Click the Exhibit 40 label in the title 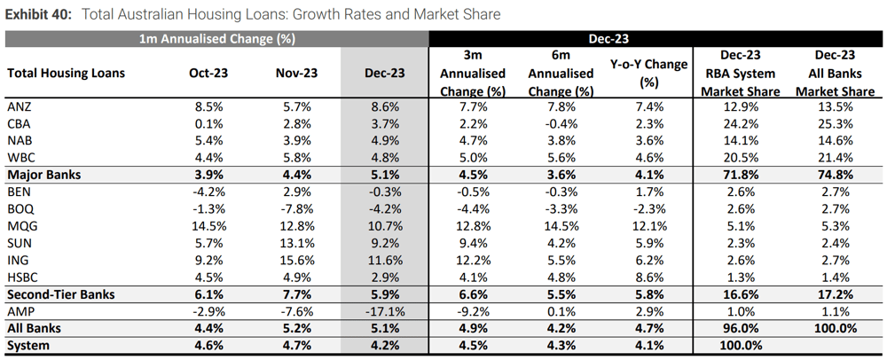click(x=38, y=14)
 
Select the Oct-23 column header click(x=208, y=73)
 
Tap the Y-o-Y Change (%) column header click(x=649, y=73)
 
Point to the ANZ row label click(x=20, y=106)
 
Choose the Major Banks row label click(x=44, y=175)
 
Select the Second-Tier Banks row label click(x=61, y=294)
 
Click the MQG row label click(x=21, y=226)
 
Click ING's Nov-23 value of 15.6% click(x=297, y=261)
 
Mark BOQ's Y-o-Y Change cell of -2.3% click(x=649, y=208)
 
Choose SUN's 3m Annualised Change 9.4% click(x=473, y=243)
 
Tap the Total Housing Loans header click(x=67, y=73)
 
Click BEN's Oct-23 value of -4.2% click(x=208, y=192)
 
